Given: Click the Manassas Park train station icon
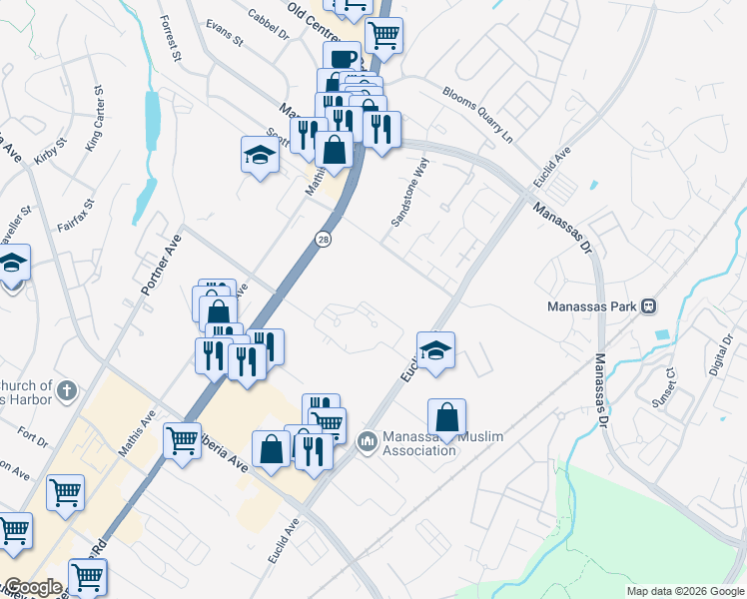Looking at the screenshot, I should coord(648,305).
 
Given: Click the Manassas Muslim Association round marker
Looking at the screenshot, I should coord(367,438).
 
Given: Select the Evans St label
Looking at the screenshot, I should coord(225,36).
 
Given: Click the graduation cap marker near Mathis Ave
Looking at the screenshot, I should coord(260,155).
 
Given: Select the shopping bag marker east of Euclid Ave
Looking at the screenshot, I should coord(448,416).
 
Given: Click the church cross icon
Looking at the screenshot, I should coord(67,390).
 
